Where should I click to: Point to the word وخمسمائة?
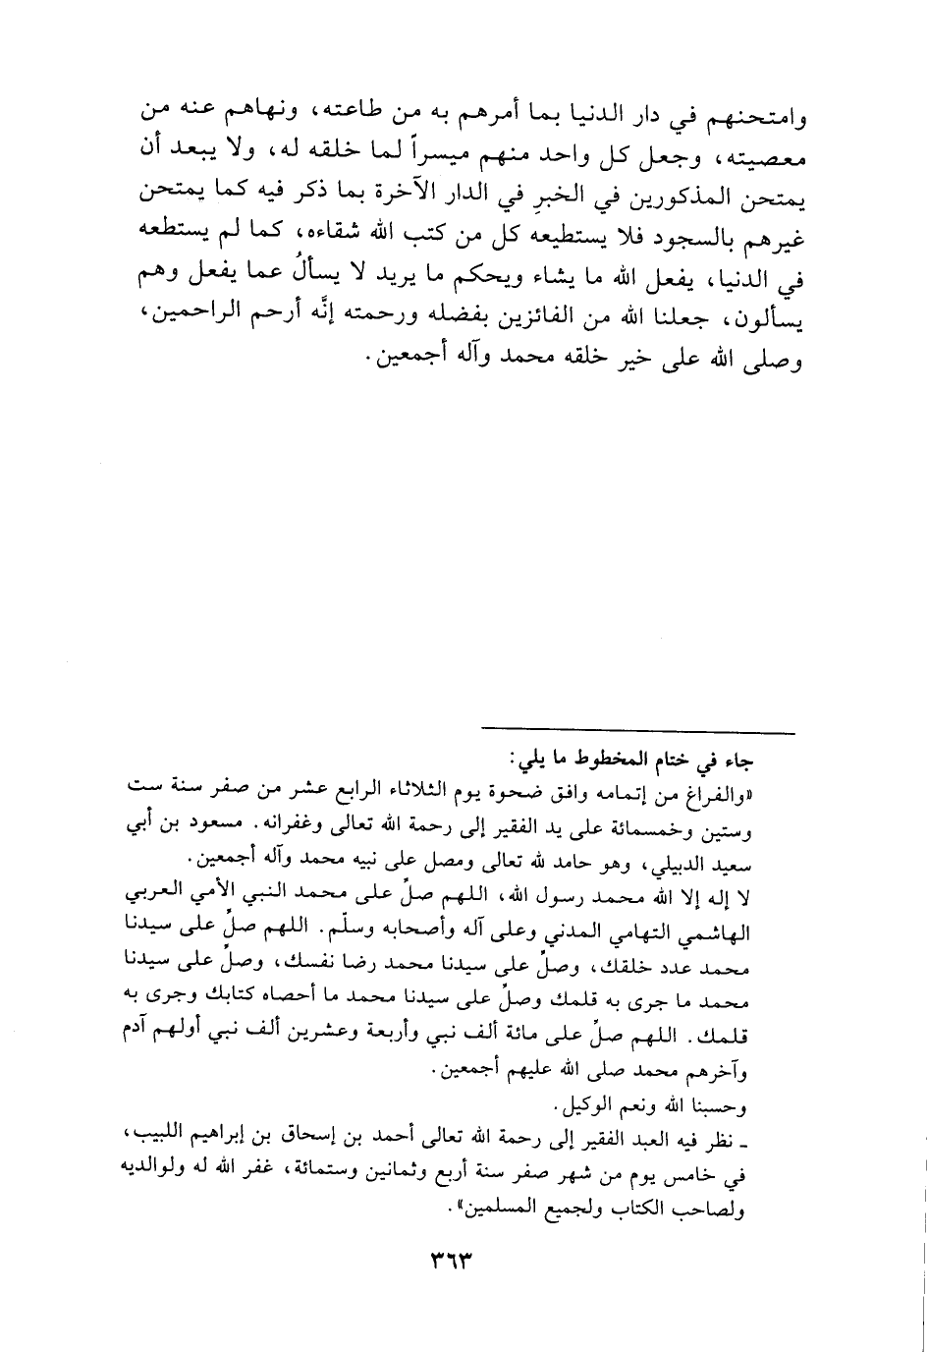click(x=716, y=824)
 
